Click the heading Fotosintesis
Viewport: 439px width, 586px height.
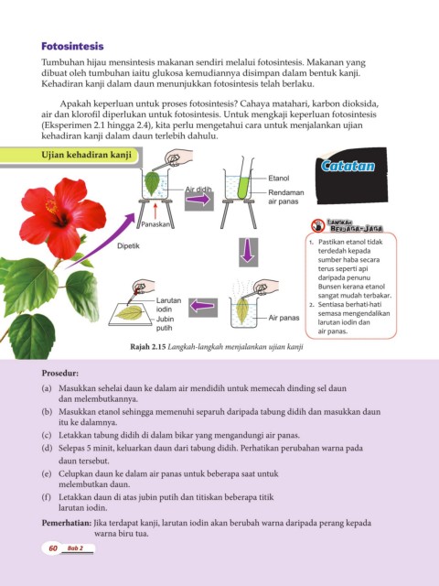pos(72,47)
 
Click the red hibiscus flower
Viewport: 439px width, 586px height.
pos(60,218)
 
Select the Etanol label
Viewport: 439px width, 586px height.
pos(278,179)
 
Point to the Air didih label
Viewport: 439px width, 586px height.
pos(198,190)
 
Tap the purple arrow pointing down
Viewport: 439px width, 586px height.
pos(248,252)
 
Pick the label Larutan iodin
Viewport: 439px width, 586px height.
pos(168,305)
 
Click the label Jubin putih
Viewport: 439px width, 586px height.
pos(165,323)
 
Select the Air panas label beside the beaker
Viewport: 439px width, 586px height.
pos(284,318)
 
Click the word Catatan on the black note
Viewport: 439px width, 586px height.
pos(348,166)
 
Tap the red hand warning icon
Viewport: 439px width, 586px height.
pos(318,225)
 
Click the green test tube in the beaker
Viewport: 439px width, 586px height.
pos(243,187)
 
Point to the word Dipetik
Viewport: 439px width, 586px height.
pos(128,246)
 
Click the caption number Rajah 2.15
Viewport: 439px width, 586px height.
pos(148,346)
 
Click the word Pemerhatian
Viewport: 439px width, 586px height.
pos(67,523)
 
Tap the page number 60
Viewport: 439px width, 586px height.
pos(53,548)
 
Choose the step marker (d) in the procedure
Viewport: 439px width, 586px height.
pos(47,448)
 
